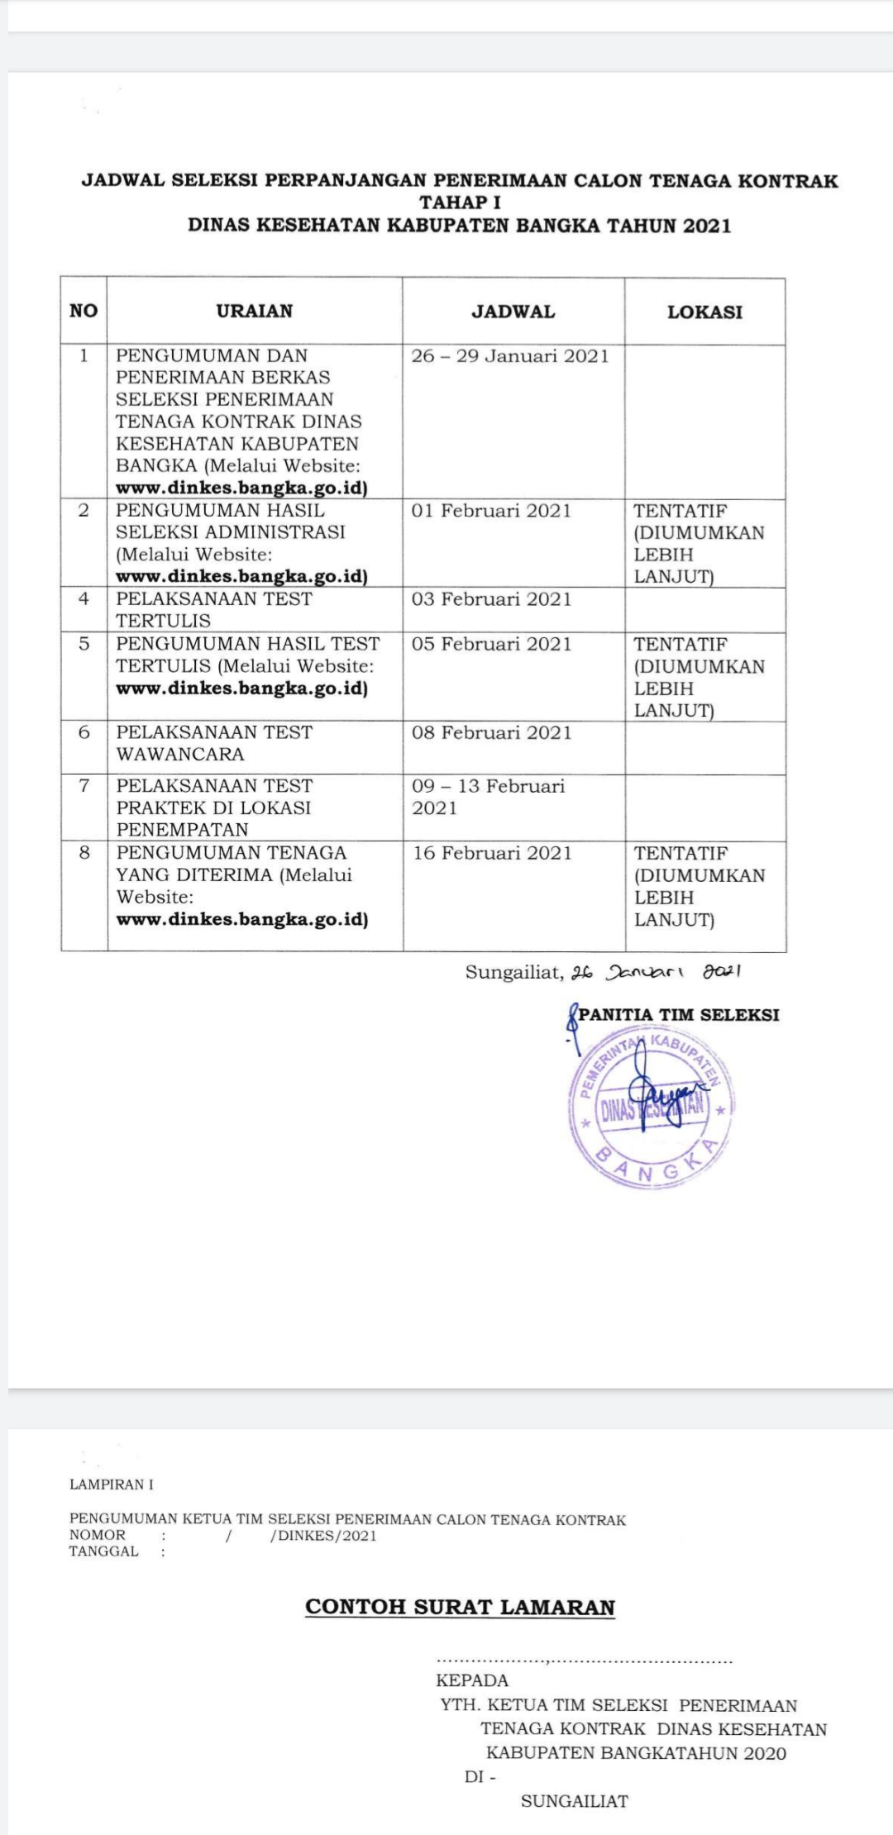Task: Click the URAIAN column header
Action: click(x=255, y=311)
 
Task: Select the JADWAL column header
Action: click(x=513, y=312)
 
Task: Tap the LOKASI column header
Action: click(x=704, y=312)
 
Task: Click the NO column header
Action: click(x=84, y=311)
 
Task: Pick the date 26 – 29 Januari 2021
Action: click(x=510, y=356)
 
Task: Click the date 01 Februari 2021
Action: click(x=491, y=511)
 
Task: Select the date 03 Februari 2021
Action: click(x=491, y=599)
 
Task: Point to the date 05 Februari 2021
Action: click(x=491, y=644)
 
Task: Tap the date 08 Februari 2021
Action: click(x=491, y=732)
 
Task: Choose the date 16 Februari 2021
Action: click(x=492, y=853)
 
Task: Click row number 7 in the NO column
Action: click(x=84, y=785)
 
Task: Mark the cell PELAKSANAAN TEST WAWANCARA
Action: click(x=214, y=743)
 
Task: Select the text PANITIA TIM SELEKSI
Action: click(x=678, y=1015)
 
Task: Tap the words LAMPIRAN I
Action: click(x=112, y=1485)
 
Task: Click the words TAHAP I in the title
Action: click(x=460, y=203)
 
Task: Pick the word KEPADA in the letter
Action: click(x=472, y=1680)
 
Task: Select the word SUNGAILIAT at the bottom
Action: click(x=575, y=1801)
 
